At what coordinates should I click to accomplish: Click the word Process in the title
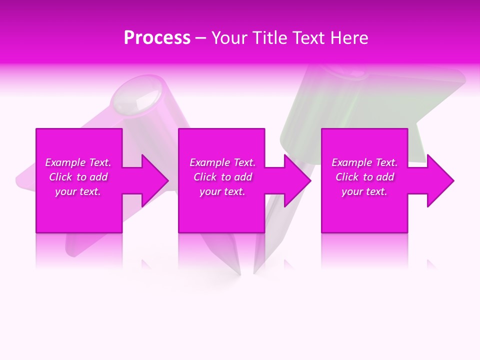pos(157,38)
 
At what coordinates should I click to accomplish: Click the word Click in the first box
pos(60,177)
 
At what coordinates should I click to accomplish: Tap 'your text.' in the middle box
pos(222,191)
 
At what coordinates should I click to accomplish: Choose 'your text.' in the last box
pos(364,191)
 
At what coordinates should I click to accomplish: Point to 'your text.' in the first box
pos(78,191)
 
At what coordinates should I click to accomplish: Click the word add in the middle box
pos(243,177)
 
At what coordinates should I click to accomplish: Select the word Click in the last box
pos(347,177)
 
